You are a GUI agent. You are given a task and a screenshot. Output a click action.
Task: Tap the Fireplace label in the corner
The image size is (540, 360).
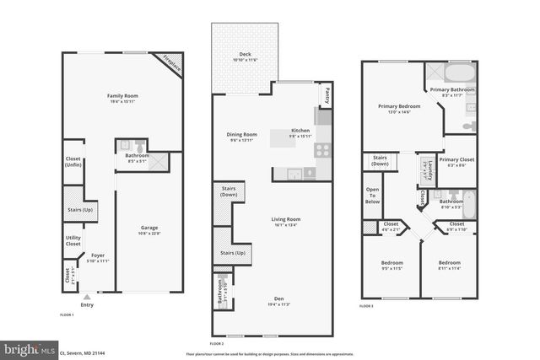click(x=171, y=65)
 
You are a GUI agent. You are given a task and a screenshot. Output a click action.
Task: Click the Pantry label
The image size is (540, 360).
click(x=327, y=95)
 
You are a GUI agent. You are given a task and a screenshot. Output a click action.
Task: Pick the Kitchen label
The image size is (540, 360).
click(x=301, y=131)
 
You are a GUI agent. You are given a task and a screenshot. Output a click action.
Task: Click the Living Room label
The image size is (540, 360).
click(x=286, y=219)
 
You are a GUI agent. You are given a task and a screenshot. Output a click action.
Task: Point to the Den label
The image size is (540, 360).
click(x=278, y=298)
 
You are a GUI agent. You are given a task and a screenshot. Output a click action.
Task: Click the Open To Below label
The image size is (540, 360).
click(x=372, y=194)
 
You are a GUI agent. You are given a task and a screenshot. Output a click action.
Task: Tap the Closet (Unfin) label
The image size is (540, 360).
click(x=73, y=162)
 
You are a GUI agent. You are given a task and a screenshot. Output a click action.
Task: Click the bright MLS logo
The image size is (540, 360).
click(x=30, y=348)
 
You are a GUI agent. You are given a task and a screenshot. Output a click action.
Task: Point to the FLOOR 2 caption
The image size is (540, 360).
click(x=217, y=344)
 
